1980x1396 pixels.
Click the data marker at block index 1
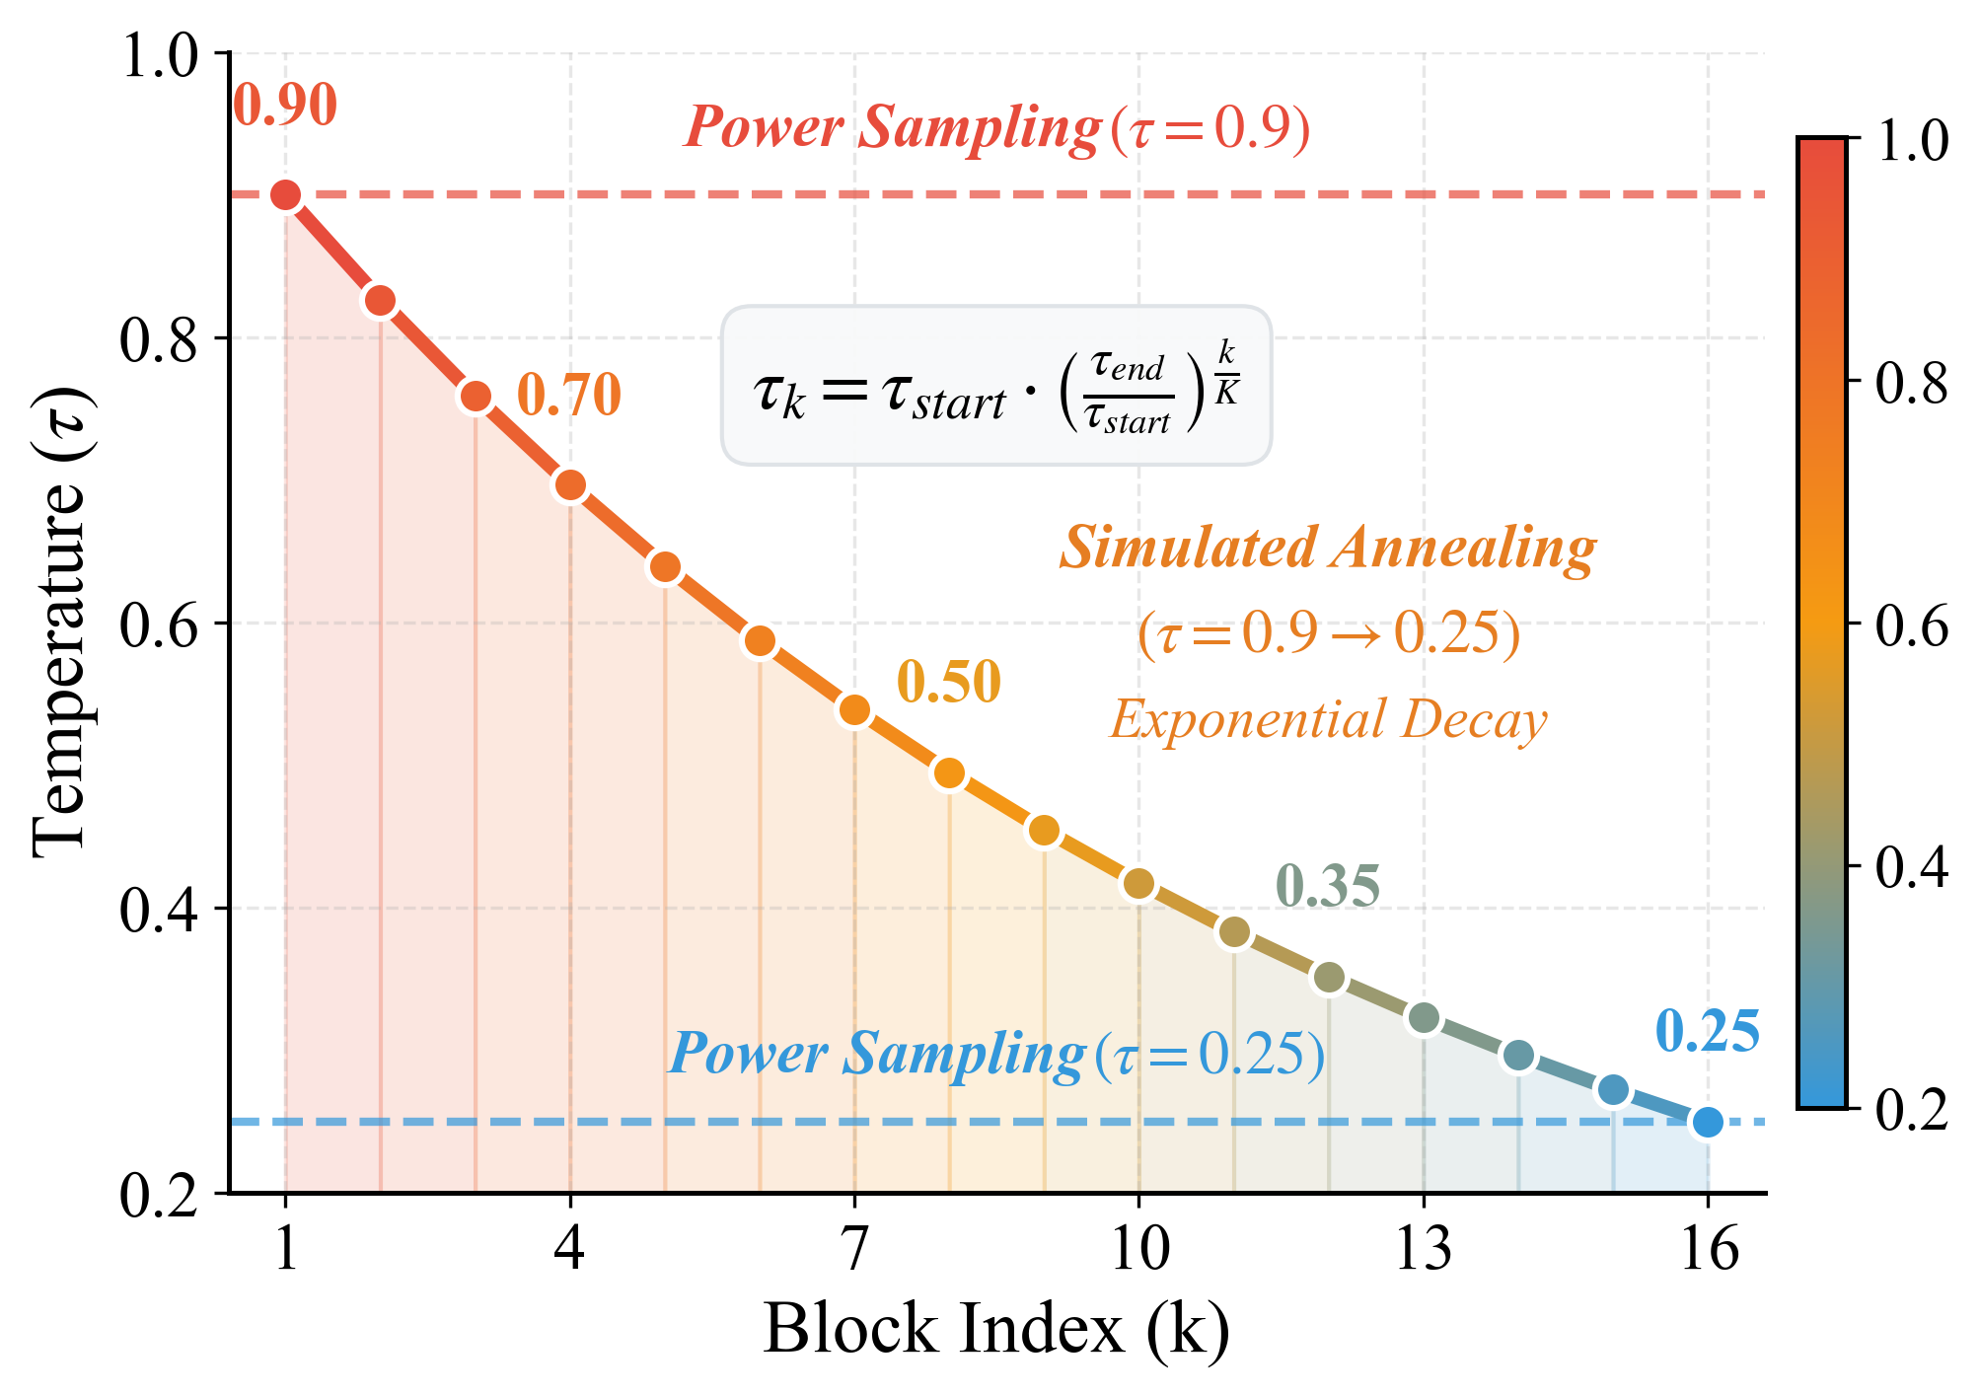[x=285, y=195]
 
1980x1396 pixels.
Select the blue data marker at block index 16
[x=1707, y=1122]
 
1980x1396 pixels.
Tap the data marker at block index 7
[x=854, y=709]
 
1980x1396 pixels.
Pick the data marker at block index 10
[x=1138, y=883]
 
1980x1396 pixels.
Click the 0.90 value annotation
[x=285, y=106]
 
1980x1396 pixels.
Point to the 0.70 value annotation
[x=569, y=395]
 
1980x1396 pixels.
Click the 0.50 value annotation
[x=948, y=682]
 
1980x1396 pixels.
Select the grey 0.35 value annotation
[x=1327, y=886]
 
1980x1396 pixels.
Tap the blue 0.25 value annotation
[x=1707, y=1032]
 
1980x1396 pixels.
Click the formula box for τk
[x=996, y=386]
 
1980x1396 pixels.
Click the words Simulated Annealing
[x=1327, y=548]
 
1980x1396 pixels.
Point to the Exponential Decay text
[x=1327, y=719]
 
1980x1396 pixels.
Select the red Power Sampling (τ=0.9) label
[x=996, y=128]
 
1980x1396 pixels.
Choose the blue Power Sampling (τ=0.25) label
[x=996, y=1054]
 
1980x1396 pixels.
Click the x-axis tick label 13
[x=1423, y=1250]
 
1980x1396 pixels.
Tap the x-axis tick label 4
[x=569, y=1250]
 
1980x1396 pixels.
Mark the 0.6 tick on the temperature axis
[x=159, y=625]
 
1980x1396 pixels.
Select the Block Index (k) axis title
[x=996, y=1329]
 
